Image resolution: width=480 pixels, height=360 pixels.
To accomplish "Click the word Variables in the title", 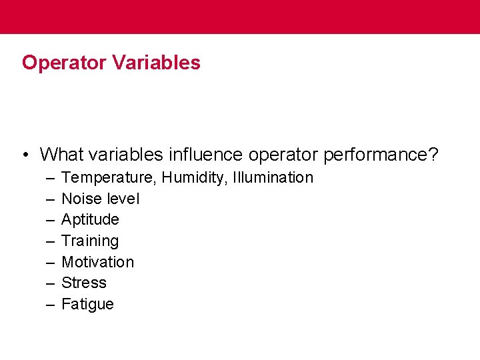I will (157, 63).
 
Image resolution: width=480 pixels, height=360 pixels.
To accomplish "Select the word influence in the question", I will (205, 155).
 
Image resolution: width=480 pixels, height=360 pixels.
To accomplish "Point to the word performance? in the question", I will (381, 155).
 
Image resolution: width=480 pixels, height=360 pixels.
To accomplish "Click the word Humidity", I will (193, 178).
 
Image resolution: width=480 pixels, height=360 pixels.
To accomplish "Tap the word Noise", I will (79, 199).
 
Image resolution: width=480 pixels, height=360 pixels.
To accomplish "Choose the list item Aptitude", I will (90, 220).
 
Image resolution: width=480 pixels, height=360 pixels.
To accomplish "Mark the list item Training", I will (90, 241).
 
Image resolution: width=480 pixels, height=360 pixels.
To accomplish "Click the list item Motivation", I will (97, 262).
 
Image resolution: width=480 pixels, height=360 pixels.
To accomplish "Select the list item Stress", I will (84, 283).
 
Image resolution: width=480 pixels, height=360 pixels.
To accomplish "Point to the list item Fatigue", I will (87, 305).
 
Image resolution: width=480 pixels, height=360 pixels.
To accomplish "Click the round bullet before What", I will (24, 155).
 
